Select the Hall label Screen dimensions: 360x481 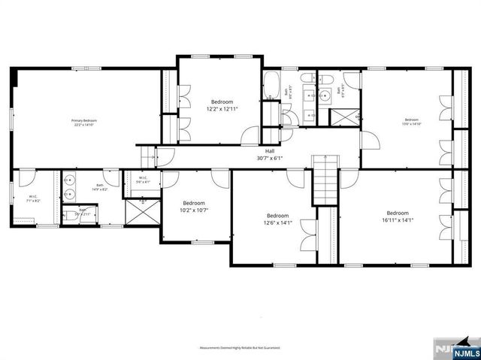point(269,150)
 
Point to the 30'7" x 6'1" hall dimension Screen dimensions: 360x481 point(269,158)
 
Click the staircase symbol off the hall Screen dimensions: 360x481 point(322,182)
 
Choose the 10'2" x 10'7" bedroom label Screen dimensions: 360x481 point(194,207)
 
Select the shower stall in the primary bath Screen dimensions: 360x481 point(141,209)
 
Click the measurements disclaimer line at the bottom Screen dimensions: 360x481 point(239,348)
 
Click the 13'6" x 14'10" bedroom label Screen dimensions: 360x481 point(411,123)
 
